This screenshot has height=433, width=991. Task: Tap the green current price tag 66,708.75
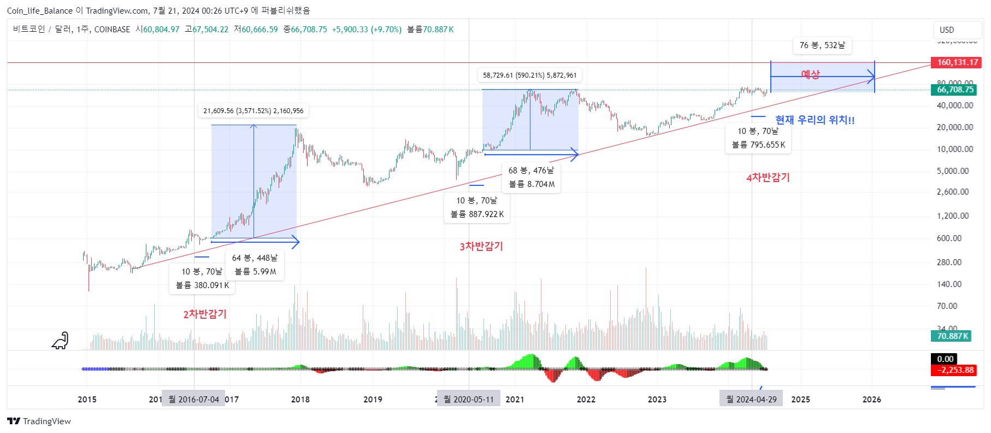(x=955, y=90)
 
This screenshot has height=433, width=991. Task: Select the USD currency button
(x=947, y=30)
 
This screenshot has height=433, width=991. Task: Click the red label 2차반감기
(x=205, y=314)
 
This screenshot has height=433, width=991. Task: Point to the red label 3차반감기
(x=481, y=247)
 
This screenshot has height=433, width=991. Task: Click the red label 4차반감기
(x=768, y=177)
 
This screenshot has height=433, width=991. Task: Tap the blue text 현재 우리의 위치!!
(x=815, y=120)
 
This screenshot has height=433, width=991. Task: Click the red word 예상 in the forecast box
(x=810, y=74)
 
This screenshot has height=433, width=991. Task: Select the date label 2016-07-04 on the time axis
(x=193, y=399)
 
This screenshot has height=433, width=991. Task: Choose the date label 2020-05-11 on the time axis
(x=469, y=399)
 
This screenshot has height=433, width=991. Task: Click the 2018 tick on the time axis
(x=300, y=399)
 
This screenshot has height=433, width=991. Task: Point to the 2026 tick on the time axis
(x=871, y=399)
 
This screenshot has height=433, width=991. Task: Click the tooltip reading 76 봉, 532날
(x=822, y=45)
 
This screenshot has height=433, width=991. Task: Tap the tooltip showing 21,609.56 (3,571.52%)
(x=253, y=111)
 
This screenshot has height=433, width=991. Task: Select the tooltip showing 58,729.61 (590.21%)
(x=529, y=75)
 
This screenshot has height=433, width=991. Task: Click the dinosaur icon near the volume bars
(x=60, y=341)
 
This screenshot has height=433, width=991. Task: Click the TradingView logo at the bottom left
(x=39, y=421)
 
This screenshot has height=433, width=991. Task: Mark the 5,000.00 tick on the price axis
(x=952, y=171)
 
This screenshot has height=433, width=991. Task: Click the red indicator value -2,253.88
(x=954, y=370)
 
